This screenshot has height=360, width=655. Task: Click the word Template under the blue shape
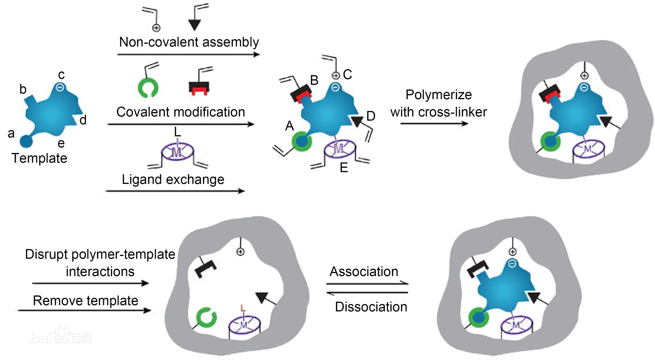point(39,158)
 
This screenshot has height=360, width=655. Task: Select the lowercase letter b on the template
point(23,89)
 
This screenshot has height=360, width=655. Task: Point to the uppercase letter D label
point(371,116)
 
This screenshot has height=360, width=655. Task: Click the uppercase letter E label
point(344,168)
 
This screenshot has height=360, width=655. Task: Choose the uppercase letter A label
point(289,126)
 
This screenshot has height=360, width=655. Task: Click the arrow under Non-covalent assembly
point(188,54)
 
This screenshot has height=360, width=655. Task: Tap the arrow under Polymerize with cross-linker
point(434,124)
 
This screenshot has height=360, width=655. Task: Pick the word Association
point(364,271)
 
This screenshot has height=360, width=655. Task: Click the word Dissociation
point(371,307)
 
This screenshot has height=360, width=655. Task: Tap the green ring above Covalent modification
point(148,88)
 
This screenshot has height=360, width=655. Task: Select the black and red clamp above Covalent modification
point(199,88)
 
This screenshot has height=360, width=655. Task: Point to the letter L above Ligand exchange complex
point(177,132)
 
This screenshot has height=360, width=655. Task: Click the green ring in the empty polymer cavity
point(206,317)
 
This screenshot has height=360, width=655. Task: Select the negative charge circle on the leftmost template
point(60,87)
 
